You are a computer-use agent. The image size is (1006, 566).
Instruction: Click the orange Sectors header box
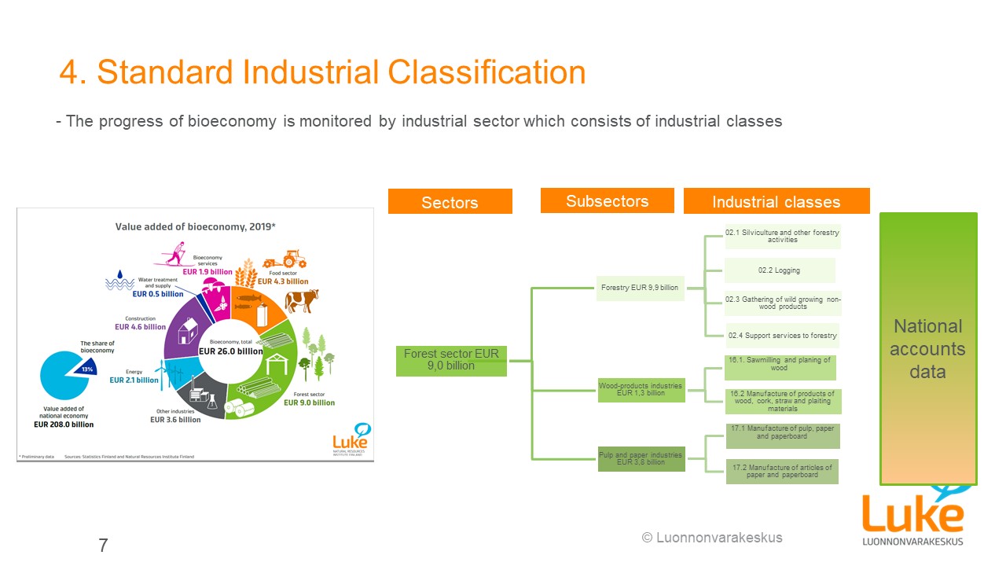pos(450,201)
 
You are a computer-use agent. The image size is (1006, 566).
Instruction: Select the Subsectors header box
pos(607,200)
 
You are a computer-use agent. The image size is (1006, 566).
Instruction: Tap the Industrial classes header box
pos(776,201)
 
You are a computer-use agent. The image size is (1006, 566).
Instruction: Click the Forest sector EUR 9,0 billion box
pos(451,360)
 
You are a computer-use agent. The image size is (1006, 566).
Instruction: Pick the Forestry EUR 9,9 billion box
pos(640,288)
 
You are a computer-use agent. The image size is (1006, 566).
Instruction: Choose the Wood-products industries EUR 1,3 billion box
pos(641,389)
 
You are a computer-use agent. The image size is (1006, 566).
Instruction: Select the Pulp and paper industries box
pos(641,458)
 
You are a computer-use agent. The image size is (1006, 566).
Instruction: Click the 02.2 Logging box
pos(779,270)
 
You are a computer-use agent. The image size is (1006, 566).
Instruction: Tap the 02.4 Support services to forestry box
pos(782,336)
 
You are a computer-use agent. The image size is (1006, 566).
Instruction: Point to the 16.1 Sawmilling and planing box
pos(779,365)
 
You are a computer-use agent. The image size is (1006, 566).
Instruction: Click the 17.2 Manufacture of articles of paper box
pos(781,472)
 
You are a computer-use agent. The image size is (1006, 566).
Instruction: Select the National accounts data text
pos(927,348)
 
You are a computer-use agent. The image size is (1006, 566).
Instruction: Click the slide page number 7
pos(103,545)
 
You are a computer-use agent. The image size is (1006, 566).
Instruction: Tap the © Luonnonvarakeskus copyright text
pos(712,538)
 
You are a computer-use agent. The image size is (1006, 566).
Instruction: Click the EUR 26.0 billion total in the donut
pos(230,351)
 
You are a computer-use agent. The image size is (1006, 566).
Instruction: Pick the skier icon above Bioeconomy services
pos(181,254)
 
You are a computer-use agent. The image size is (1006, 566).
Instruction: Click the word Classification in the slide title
pos(486,72)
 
